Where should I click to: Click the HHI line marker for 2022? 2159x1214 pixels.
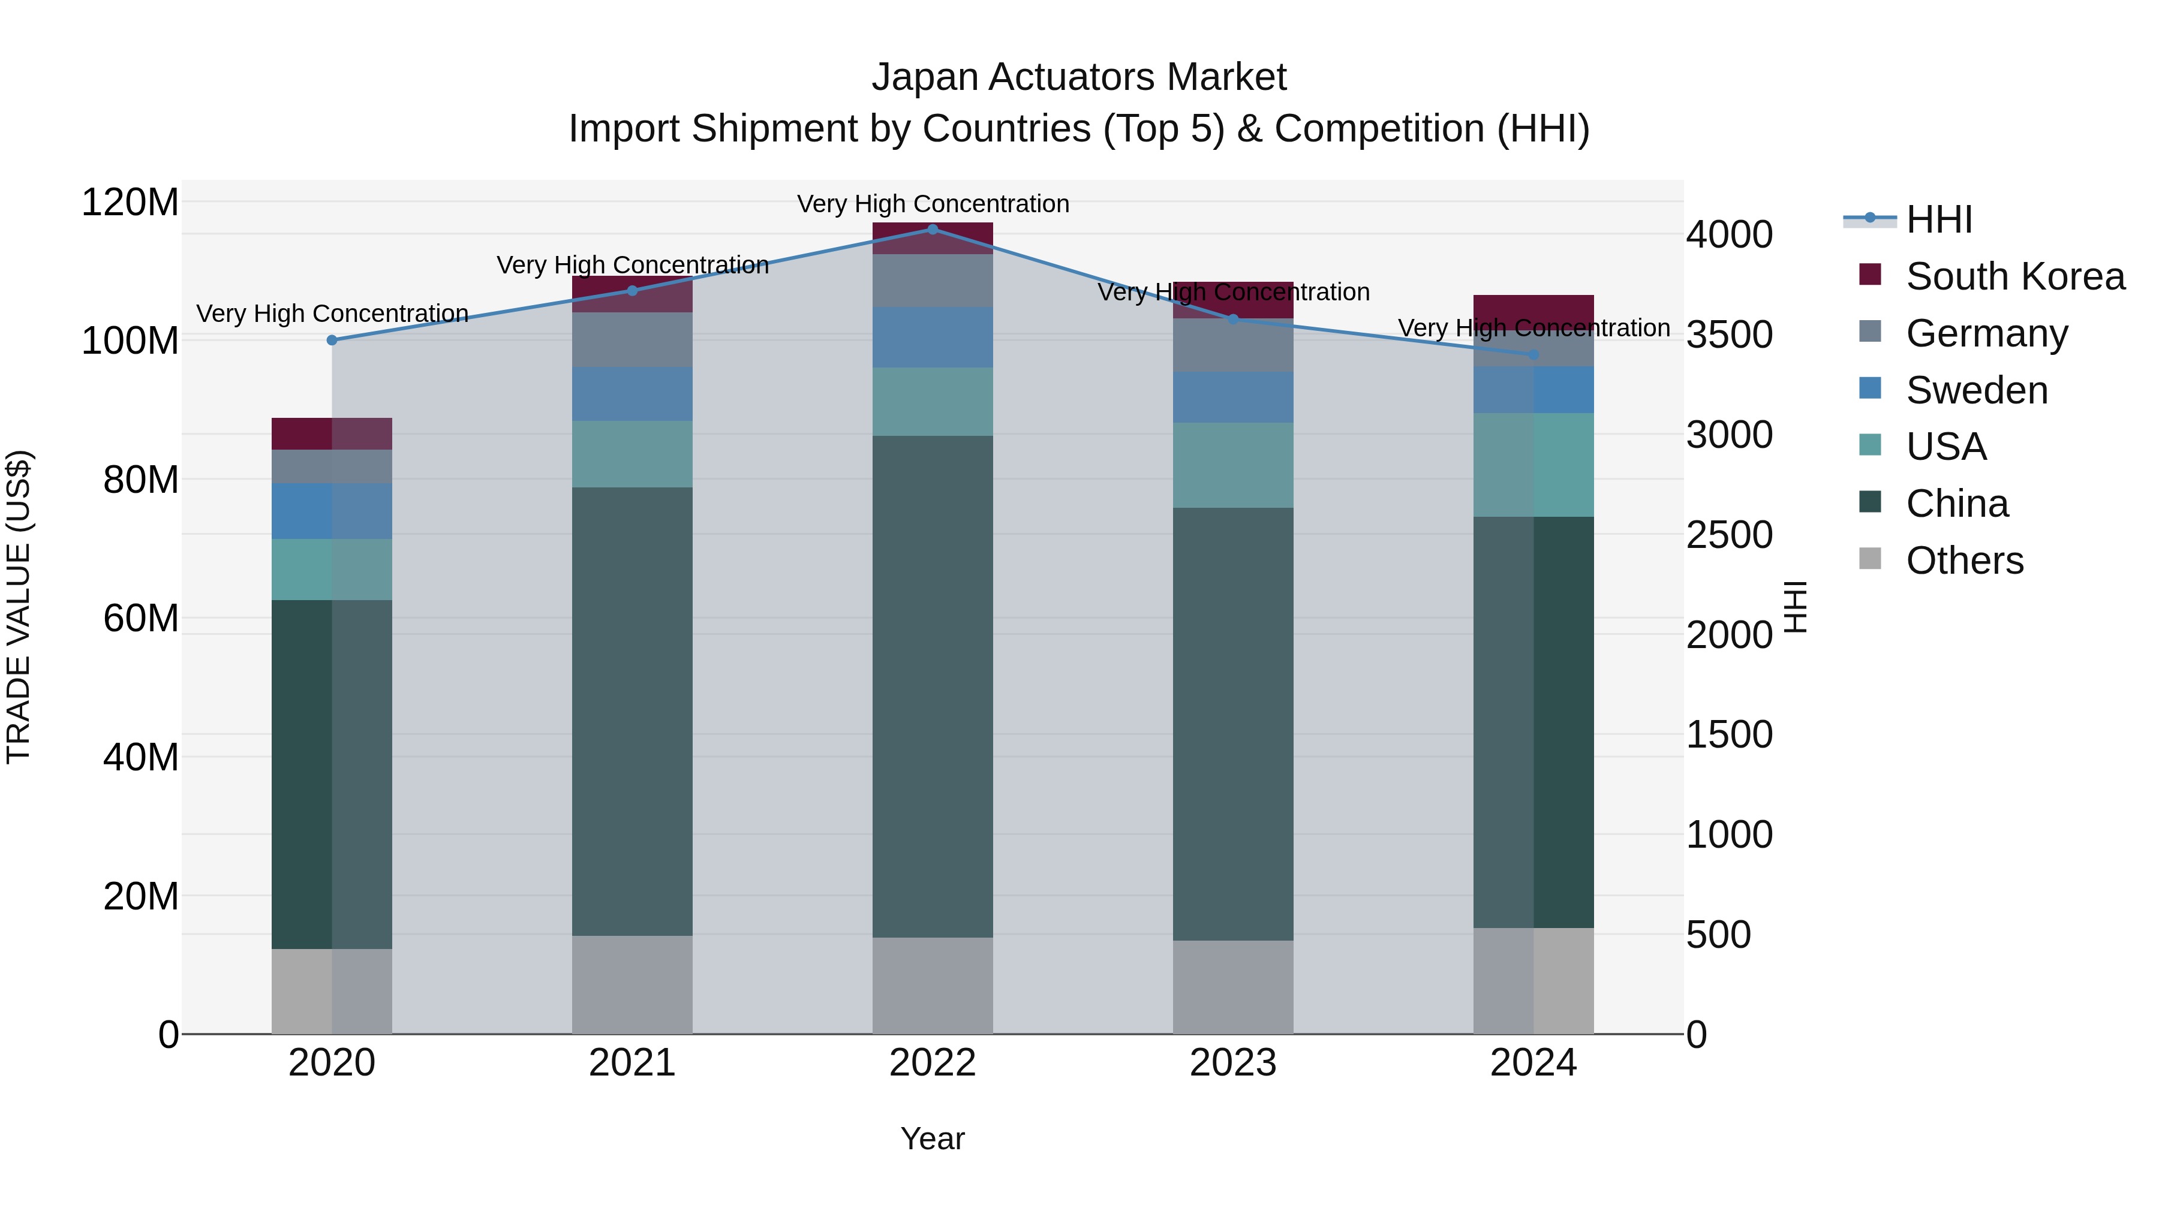point(933,229)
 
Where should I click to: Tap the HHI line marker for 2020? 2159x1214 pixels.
point(332,340)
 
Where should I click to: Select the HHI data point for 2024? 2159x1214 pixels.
point(1533,354)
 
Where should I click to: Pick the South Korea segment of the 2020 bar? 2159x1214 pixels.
point(332,433)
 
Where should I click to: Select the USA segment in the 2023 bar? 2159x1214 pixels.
point(1233,465)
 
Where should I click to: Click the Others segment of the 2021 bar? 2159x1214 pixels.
point(632,984)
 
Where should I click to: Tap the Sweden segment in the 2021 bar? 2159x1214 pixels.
point(632,394)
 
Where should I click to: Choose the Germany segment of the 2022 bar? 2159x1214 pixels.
point(933,281)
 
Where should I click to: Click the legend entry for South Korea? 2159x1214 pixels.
point(2015,276)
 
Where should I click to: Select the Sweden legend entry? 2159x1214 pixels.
point(1976,390)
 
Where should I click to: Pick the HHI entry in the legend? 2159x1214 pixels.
point(1938,219)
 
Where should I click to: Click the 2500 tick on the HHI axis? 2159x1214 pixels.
point(1729,535)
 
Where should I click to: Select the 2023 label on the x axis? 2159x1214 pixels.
point(1233,1063)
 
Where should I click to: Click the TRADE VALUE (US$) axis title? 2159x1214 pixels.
point(19,607)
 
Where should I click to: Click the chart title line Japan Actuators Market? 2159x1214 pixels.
point(1079,77)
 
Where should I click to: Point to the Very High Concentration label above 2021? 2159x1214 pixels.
point(632,266)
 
